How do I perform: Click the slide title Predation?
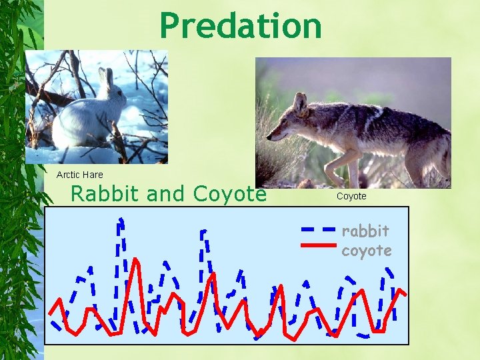pos(241,26)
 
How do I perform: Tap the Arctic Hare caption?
pos(79,175)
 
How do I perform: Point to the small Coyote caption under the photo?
pos(351,196)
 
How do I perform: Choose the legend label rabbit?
pos(365,231)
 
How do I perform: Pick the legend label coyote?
pos(366,250)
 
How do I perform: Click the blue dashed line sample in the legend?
pos(318,228)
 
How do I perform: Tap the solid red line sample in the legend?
pos(318,245)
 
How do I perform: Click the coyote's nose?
pos(269,138)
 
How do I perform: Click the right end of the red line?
pos(405,294)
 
